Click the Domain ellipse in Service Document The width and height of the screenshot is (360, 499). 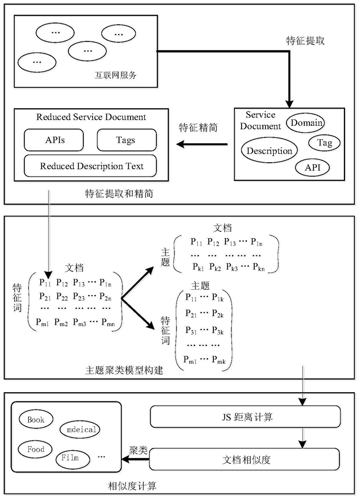coord(305,123)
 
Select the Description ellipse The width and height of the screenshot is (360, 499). coord(269,151)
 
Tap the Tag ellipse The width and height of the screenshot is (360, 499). coord(324,143)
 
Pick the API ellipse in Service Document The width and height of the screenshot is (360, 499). coord(312,167)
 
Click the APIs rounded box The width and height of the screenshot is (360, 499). coord(54,140)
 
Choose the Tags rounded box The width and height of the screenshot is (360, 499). coord(127,140)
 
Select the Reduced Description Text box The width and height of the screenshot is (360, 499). coord(90,166)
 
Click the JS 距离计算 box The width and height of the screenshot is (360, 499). coord(245,417)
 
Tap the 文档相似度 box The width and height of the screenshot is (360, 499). coord(244,459)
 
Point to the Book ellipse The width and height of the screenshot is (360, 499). coord(36,420)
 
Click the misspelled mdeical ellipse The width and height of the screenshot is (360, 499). coord(80,429)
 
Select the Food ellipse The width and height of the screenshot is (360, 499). coord(36,449)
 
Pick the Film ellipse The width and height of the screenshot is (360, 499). coord(72,459)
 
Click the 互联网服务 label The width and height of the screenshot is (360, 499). coord(116,75)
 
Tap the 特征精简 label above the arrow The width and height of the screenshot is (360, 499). coord(198,128)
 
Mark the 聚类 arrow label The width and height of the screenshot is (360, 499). coord(139,450)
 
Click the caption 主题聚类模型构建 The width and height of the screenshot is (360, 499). coord(124,370)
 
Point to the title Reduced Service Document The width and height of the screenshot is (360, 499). coord(91,117)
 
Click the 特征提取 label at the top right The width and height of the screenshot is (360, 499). coord(305,41)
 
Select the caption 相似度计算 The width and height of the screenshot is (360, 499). coord(132,486)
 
